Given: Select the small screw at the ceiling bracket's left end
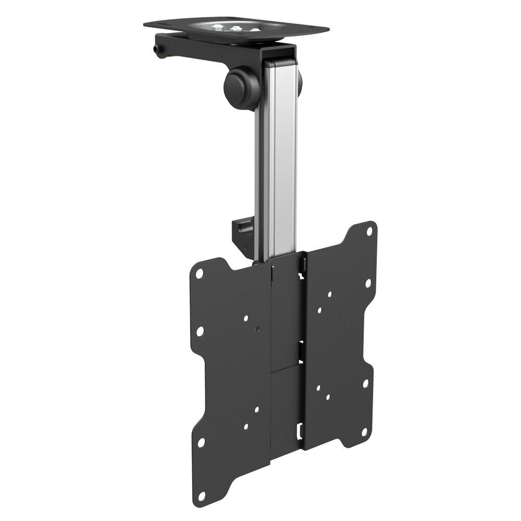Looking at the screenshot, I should (x=157, y=49).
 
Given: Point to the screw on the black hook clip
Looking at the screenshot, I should (x=244, y=246).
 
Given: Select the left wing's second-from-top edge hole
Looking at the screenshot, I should (x=200, y=330).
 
